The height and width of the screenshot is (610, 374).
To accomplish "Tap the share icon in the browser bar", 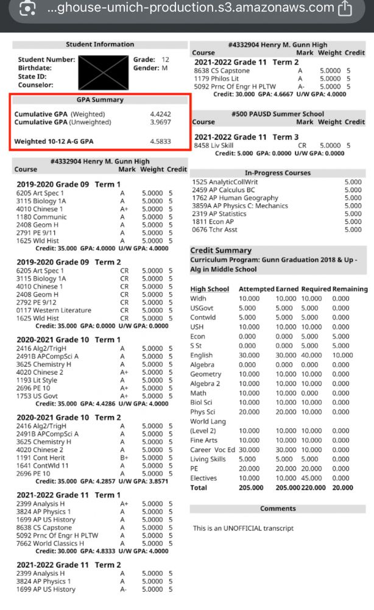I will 345,9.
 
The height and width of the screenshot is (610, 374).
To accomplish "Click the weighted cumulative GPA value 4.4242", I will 160,114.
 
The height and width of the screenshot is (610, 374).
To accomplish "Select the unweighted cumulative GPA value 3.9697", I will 160,122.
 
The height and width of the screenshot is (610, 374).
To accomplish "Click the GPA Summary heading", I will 100,99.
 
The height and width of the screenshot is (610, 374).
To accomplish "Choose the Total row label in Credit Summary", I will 199,488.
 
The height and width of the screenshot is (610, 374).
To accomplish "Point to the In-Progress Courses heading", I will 277,173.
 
